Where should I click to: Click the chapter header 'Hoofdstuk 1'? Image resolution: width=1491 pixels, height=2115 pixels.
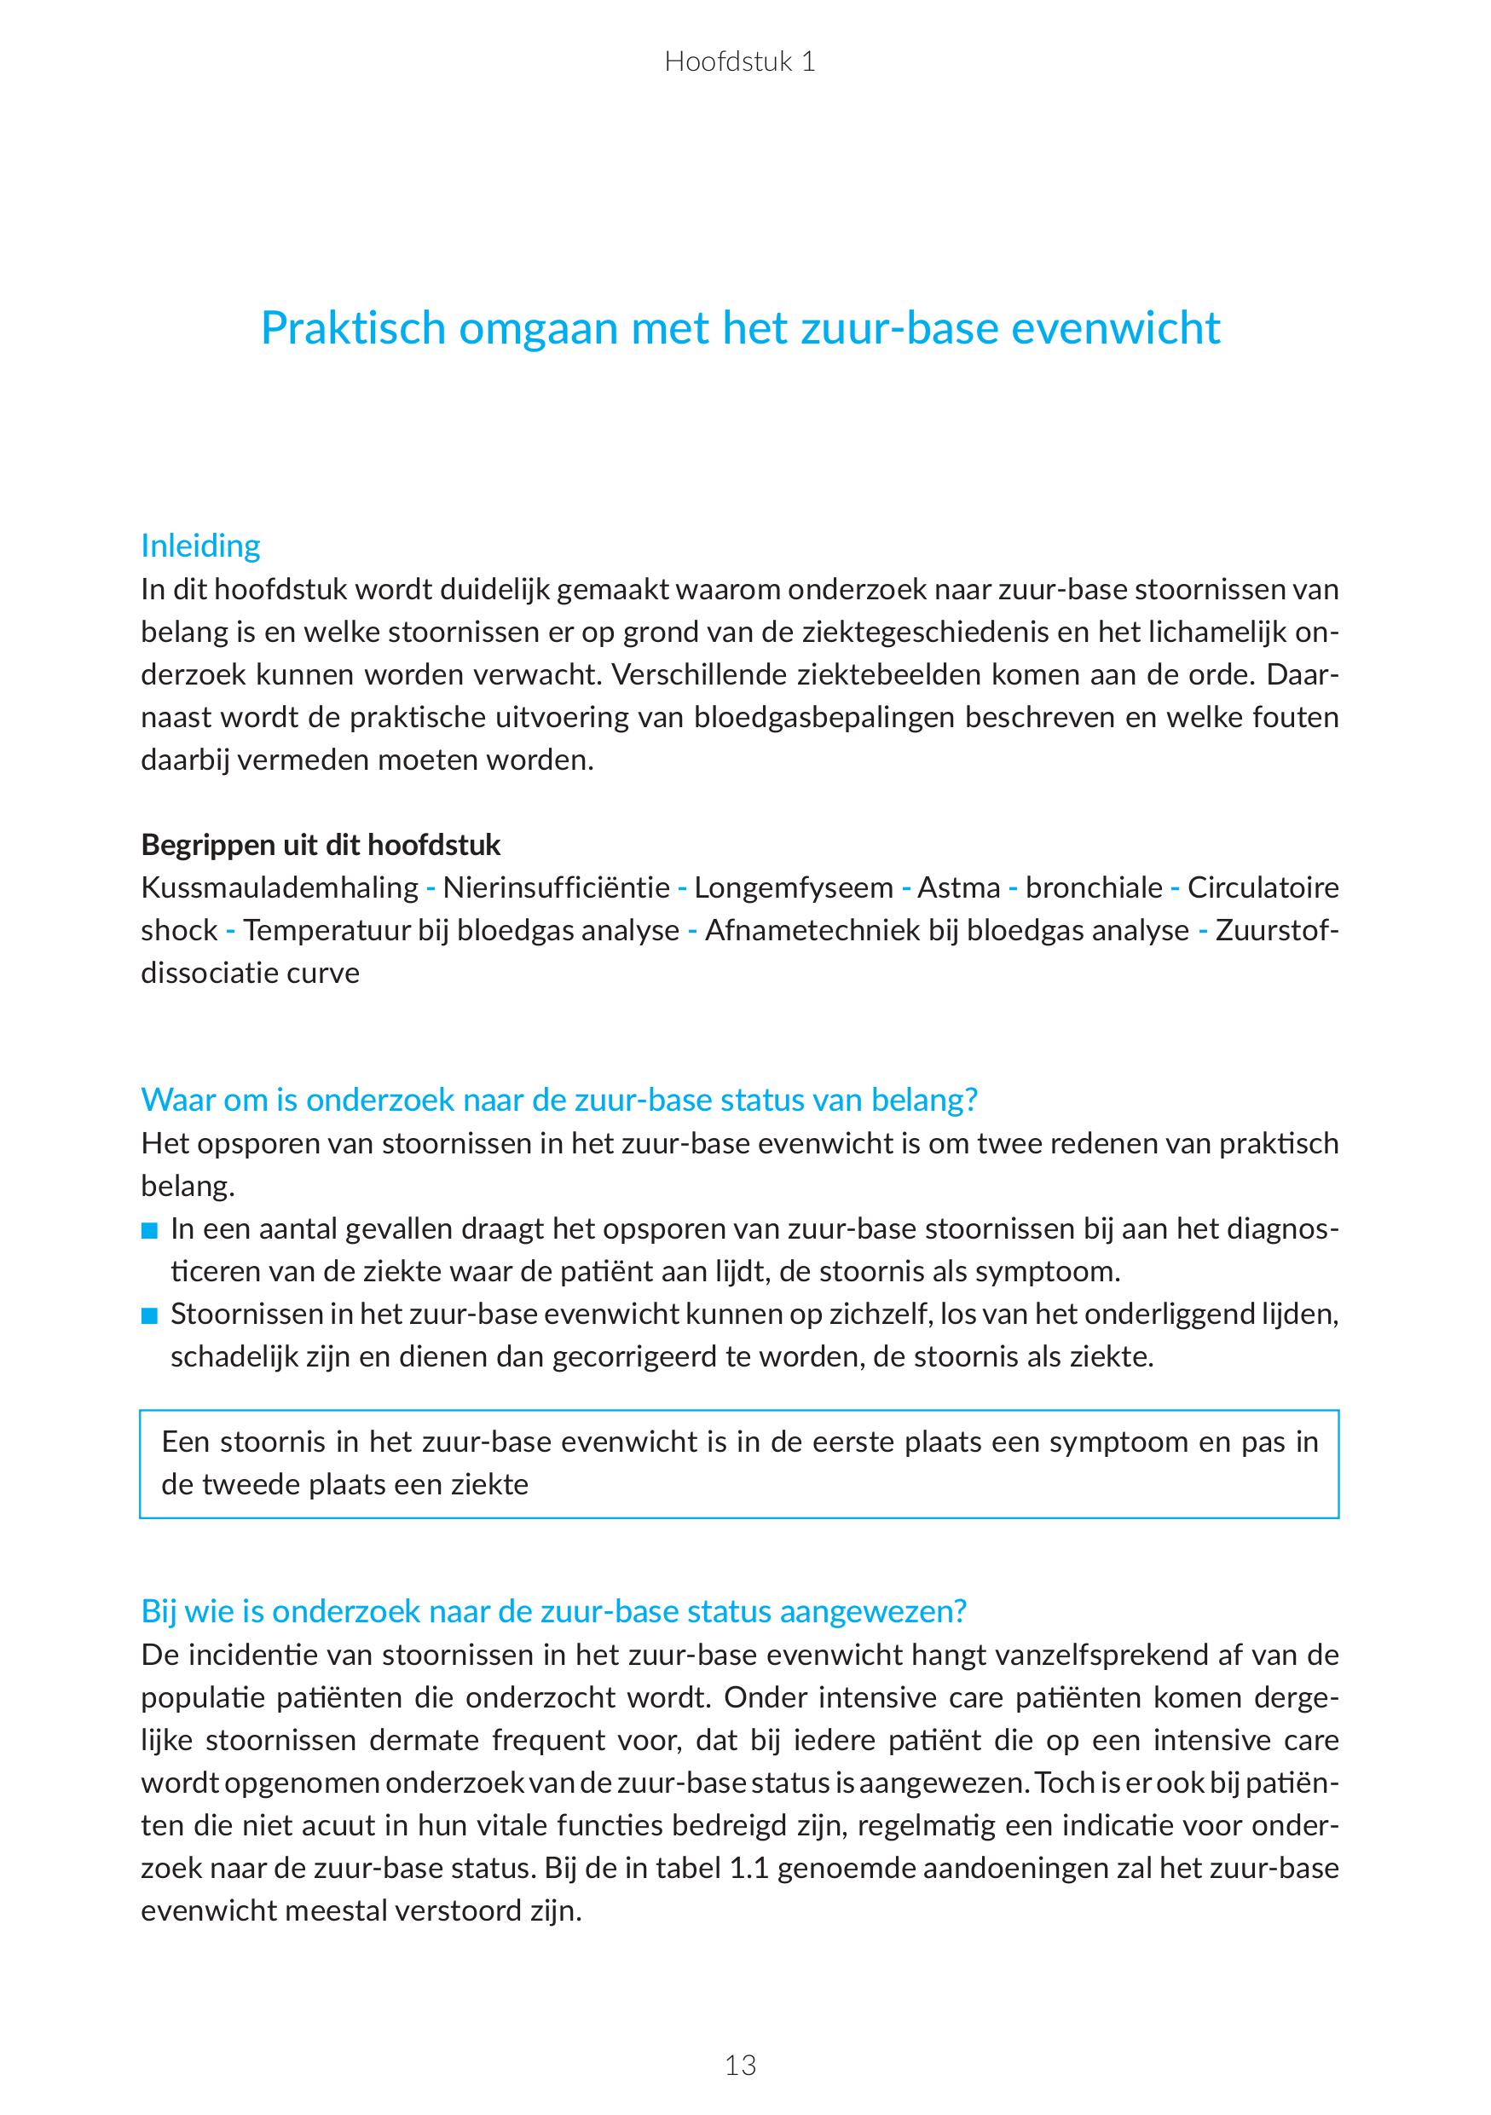pos(739,61)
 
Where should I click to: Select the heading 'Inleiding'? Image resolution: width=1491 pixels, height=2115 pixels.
pos(199,546)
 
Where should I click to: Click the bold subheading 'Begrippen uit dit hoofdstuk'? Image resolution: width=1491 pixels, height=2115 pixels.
pos(321,845)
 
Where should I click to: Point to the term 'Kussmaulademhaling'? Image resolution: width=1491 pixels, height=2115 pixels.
pos(279,887)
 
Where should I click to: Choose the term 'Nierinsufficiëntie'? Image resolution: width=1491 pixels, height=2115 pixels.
pos(555,887)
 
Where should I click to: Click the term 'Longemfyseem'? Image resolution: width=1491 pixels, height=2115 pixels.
pos(793,887)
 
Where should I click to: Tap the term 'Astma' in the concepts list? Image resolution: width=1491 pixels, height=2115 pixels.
pos(959,887)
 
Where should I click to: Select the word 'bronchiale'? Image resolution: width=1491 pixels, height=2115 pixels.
pos(1094,887)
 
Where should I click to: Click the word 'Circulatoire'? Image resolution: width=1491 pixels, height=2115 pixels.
pos(1263,887)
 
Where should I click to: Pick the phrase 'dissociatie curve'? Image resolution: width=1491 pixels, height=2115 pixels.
pos(250,973)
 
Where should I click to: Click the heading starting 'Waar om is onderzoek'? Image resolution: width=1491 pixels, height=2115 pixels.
pos(559,1099)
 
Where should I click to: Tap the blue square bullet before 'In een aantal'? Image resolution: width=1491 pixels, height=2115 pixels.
pos(150,1231)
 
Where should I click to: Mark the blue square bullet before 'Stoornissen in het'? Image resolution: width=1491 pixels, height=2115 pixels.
pos(150,1316)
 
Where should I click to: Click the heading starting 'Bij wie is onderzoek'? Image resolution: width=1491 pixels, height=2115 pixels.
pos(553,1611)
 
